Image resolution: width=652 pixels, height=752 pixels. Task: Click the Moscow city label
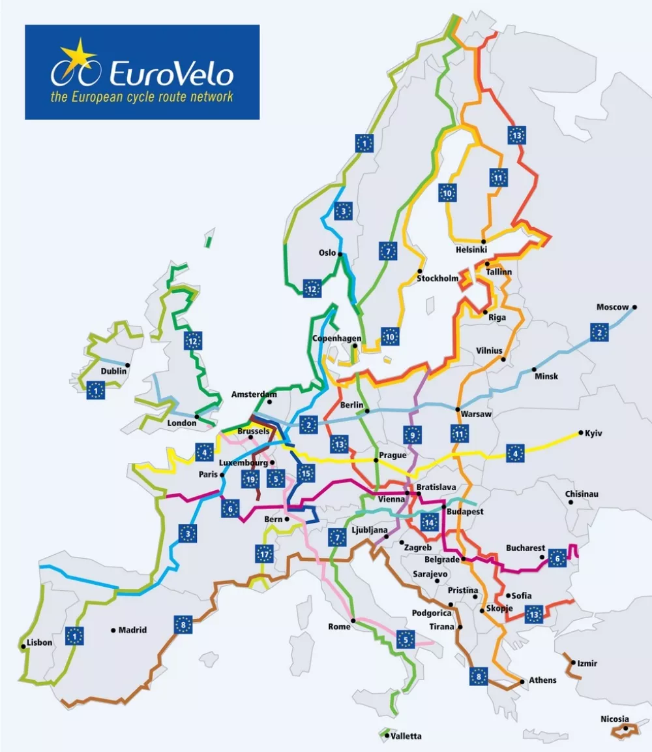coord(612,307)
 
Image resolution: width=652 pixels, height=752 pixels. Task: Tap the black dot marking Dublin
coord(128,365)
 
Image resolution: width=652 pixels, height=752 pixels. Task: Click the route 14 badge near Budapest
coord(428,522)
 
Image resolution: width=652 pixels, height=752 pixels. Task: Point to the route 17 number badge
coord(264,556)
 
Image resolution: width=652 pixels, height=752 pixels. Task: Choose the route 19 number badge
coord(250,480)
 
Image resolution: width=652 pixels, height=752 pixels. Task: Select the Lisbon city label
coord(39,642)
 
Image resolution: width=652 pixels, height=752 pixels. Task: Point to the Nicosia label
coord(615,719)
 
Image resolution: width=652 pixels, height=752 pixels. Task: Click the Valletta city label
coord(406,736)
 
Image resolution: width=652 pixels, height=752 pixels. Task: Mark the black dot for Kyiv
coord(580,432)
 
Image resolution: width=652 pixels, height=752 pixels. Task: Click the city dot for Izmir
coord(572,663)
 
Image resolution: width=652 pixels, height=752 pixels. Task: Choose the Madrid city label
coord(132,631)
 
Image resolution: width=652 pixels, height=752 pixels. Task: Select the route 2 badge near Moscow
coord(599,332)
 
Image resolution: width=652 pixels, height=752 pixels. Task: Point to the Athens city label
coord(542,680)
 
